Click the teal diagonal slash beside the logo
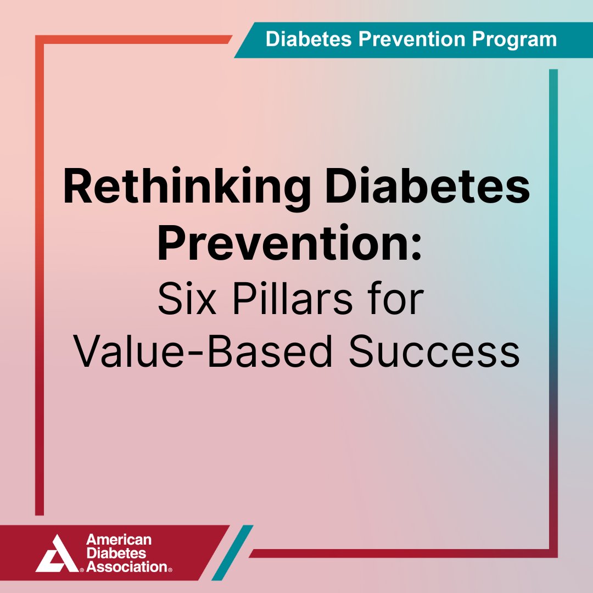(232, 552)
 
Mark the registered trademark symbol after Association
(171, 570)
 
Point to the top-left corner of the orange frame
(40, 40)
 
